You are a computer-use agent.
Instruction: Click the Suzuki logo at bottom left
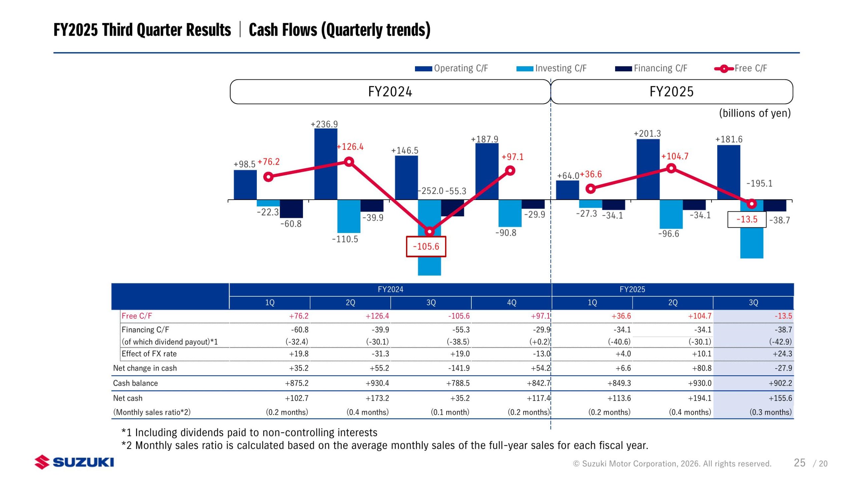(74, 462)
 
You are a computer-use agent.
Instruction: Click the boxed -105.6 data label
(426, 247)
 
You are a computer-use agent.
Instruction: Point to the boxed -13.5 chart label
(747, 220)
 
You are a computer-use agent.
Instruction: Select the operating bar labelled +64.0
(567, 190)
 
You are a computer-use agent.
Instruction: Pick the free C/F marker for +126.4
(349, 162)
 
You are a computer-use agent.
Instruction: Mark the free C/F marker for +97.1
(510, 171)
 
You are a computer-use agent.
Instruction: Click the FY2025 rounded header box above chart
(672, 92)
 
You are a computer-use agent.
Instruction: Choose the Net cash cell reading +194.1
(700, 398)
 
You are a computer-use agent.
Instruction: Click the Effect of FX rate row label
(149, 354)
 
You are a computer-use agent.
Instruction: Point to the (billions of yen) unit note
(755, 113)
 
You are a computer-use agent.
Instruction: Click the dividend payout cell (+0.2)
(539, 342)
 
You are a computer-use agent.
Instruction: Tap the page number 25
(799, 463)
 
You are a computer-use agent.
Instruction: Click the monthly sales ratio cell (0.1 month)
(450, 412)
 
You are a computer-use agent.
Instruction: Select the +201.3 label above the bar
(647, 134)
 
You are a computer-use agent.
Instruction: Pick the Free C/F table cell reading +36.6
(621, 316)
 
